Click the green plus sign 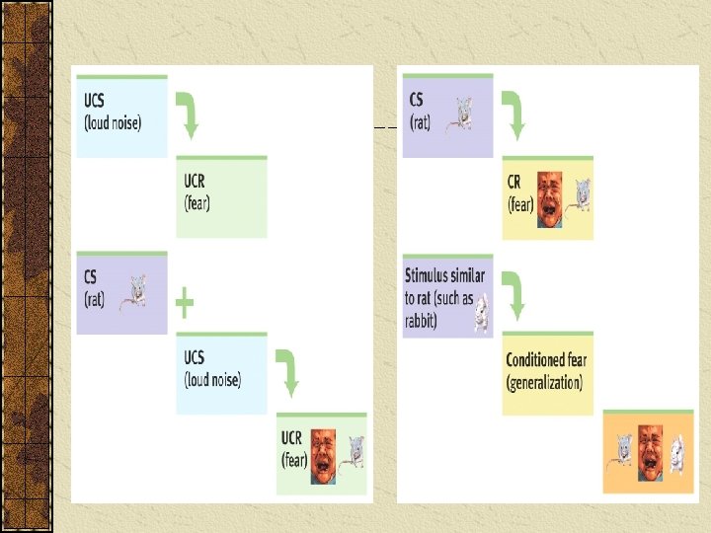(184, 303)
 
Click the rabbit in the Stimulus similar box (481, 312)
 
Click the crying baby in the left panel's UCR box (322, 457)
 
